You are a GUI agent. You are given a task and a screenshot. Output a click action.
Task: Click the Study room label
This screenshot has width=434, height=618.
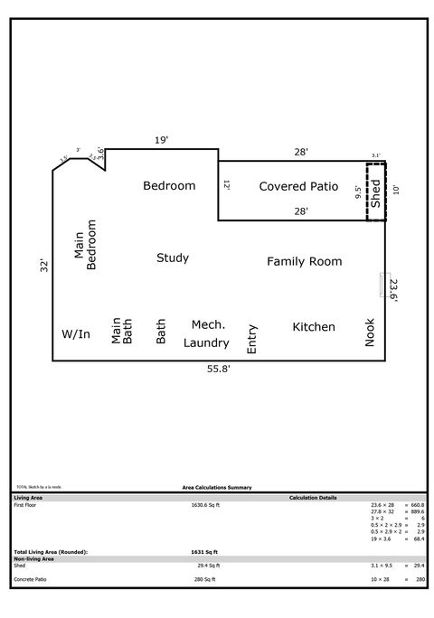pos(173,257)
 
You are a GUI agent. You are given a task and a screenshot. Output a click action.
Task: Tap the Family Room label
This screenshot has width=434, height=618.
pos(304,261)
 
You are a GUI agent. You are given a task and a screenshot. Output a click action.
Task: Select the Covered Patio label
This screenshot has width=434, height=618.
pos(298,186)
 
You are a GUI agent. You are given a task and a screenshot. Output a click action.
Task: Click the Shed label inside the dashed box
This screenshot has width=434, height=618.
pos(376,193)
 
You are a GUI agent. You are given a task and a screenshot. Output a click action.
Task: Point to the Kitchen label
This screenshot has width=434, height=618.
pos(314,326)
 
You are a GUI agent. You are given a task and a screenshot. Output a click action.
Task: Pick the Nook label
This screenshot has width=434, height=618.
pos(369,332)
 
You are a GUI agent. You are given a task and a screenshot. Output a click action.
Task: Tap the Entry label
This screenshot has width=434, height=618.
pos(252,338)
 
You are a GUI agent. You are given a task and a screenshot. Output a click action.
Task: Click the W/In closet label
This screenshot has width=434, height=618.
pos(76,334)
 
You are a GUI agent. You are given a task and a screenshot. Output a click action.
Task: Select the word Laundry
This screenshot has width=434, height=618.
pos(206,342)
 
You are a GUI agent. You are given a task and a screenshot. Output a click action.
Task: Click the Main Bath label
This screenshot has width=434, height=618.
pos(121,332)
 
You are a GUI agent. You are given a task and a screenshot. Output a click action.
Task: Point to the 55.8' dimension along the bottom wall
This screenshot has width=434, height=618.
pos(219,370)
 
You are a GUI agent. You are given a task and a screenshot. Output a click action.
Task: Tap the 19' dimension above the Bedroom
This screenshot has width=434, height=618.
pos(161,140)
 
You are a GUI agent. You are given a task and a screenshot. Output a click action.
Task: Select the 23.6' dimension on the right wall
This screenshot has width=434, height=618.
pos(393,290)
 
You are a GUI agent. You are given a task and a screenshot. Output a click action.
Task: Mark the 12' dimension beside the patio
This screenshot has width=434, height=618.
pos(227,184)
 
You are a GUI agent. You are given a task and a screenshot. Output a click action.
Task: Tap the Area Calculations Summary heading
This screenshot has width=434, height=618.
pos(217,486)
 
